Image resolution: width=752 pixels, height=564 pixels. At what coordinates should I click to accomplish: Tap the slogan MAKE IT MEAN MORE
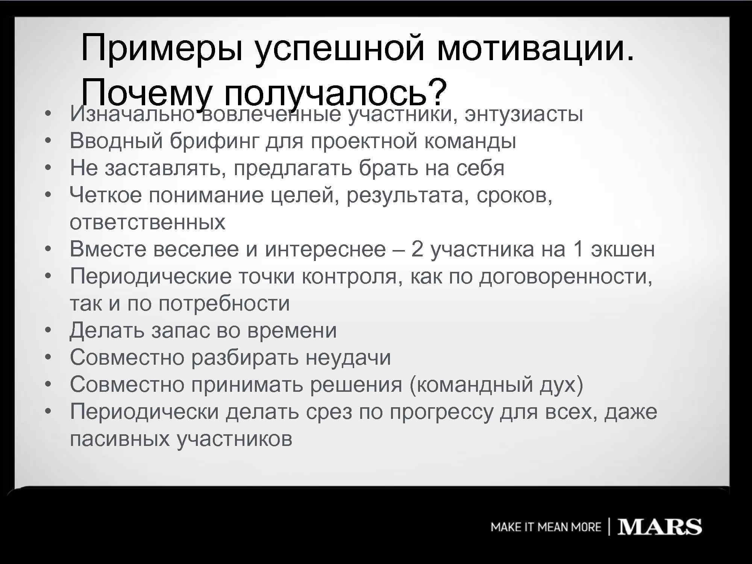click(x=546, y=527)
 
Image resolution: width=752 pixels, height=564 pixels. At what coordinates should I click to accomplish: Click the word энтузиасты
click(x=524, y=114)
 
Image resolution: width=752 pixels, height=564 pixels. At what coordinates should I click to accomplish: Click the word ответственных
click(x=147, y=223)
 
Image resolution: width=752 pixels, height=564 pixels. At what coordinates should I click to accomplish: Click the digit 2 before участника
click(x=417, y=249)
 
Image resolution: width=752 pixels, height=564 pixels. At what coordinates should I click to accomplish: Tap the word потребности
click(x=224, y=304)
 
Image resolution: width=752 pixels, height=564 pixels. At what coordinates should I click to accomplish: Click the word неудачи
click(x=348, y=358)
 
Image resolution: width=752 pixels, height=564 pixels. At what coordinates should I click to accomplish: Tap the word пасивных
click(x=120, y=439)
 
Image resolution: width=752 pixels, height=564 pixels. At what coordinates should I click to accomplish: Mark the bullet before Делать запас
click(x=48, y=331)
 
